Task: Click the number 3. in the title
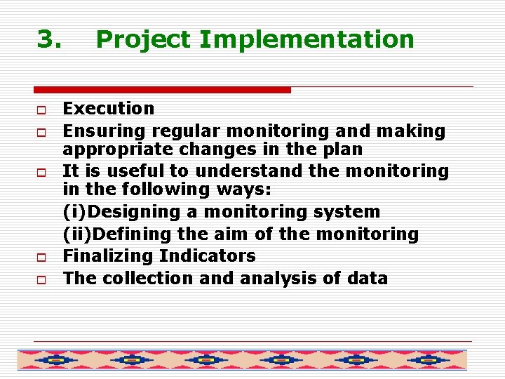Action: pyautogui.click(x=49, y=39)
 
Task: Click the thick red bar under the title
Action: pyautogui.click(x=162, y=90)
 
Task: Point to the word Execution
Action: pyautogui.click(x=108, y=109)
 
